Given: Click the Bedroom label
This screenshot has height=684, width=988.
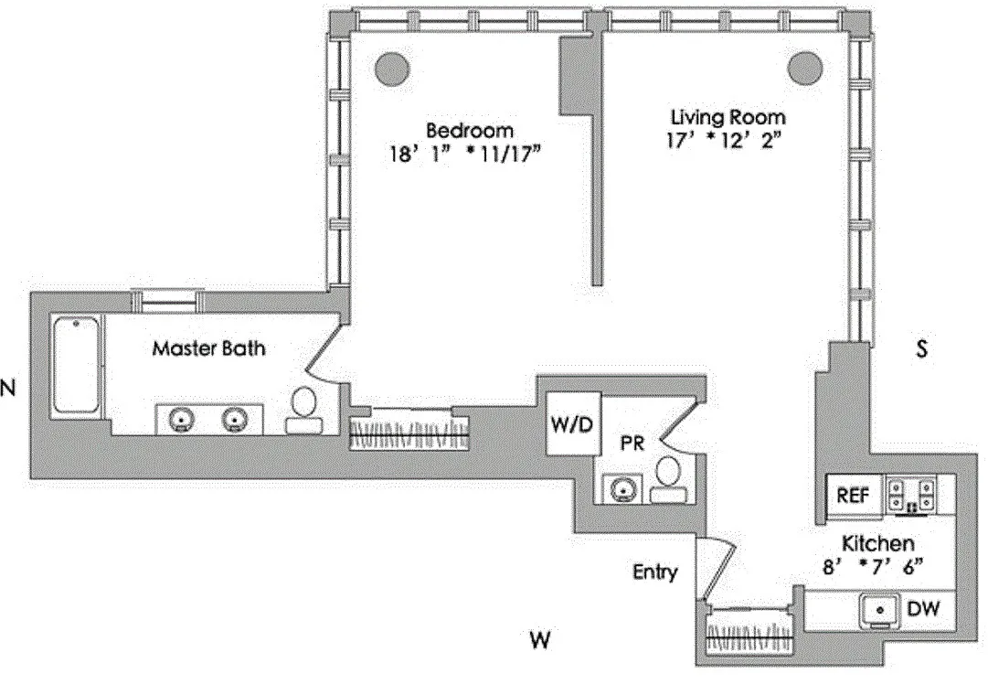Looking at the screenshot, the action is (470, 131).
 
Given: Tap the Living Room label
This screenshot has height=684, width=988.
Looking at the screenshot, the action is (728, 117).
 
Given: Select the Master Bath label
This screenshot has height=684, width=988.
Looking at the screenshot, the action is (208, 348).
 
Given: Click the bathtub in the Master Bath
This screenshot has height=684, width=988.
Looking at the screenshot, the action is (76, 365).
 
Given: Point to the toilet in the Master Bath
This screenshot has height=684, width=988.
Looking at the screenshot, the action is (303, 410).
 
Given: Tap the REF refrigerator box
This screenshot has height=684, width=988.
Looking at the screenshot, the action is (853, 496).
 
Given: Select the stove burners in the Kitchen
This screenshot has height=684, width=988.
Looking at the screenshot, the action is (910, 495).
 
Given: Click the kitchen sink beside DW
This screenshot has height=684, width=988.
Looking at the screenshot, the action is (880, 610).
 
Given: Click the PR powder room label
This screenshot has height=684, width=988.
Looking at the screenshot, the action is (632, 444).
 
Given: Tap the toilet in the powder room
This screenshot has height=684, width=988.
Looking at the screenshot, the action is (669, 480).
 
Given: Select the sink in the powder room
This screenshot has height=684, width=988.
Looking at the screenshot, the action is (621, 488).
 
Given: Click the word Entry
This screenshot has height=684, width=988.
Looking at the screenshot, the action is (655, 572).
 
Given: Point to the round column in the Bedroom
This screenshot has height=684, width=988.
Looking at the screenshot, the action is (392, 66).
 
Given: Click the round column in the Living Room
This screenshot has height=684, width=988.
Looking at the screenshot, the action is (805, 66).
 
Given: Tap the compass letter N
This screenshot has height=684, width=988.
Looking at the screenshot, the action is (7, 389).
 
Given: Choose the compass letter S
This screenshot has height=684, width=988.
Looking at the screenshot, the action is (922, 348).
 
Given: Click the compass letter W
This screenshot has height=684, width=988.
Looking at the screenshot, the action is (539, 640).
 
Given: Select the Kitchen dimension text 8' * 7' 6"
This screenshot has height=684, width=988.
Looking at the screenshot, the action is (873, 566).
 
